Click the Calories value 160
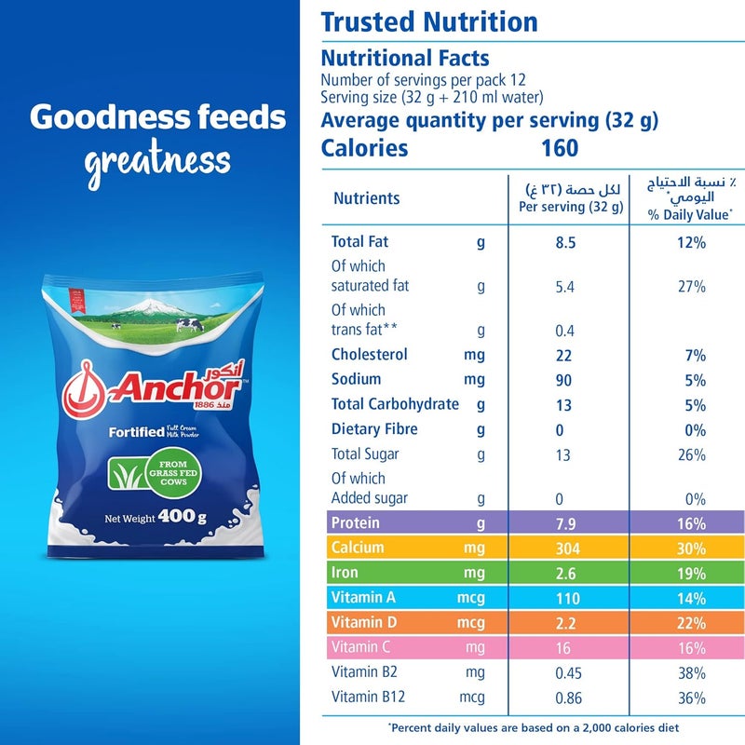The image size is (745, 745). [559, 148]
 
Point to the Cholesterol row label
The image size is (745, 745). [369, 355]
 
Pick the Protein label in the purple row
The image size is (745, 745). [355, 522]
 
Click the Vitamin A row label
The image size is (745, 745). [362, 598]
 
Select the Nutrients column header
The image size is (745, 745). [366, 198]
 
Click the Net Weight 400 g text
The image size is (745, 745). [155, 519]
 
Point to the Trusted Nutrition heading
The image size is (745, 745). [429, 22]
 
